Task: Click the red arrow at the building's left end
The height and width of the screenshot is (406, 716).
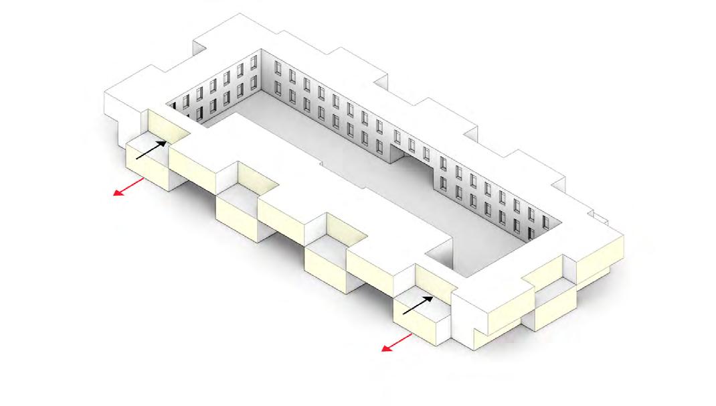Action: [128, 186]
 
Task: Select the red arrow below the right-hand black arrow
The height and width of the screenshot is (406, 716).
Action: [397, 342]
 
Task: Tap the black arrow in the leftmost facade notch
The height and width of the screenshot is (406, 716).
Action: [152, 149]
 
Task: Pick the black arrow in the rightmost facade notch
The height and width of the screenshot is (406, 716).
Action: [418, 306]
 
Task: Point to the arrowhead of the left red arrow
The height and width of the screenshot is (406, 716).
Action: [116, 194]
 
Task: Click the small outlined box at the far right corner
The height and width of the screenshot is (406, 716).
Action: [601, 215]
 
